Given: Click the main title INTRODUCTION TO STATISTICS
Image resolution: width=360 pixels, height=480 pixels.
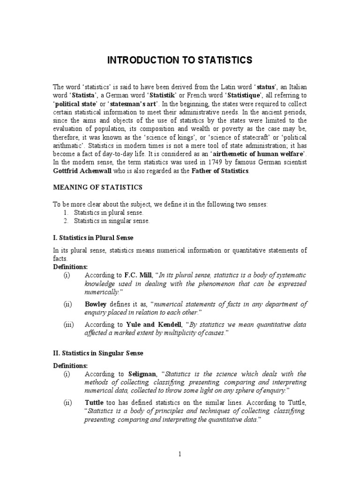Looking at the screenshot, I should click(180, 60).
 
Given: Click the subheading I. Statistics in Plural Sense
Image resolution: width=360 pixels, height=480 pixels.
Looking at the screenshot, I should click(92, 237).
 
